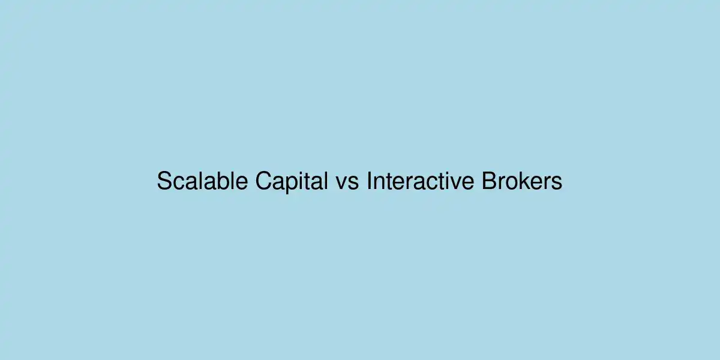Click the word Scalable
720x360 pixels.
[203, 181]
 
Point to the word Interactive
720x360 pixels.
[421, 181]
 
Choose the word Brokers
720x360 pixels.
[522, 181]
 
